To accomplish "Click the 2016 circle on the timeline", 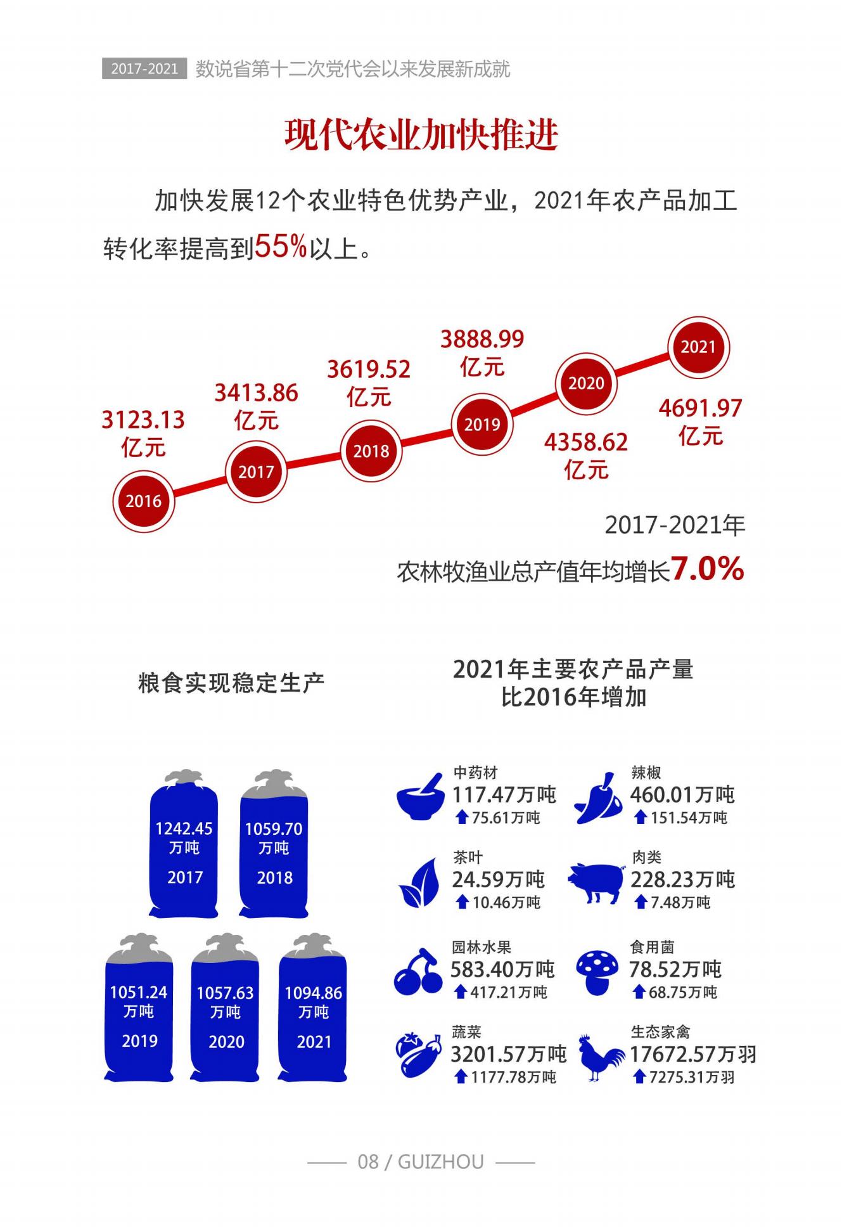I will pos(143,501).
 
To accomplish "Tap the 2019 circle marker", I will pos(482,424).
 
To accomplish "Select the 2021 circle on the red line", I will pos(698,347).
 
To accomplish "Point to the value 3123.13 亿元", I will pos(143,433).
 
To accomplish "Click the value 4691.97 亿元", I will pos(700,422).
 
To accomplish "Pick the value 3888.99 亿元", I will pos(482,352).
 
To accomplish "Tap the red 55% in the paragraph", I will pos(281,247).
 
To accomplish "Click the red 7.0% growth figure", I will pos(707,569).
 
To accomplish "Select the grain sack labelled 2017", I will pos(184,846).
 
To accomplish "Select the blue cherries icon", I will pos(418,972).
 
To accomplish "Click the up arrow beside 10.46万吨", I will pos(462,902).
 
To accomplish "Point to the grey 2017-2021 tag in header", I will pos(144,68).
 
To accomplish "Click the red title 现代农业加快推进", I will pos(421,134).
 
